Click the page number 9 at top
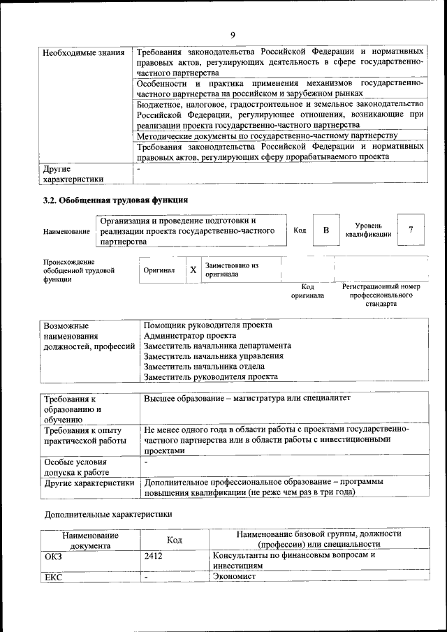[x=232, y=35]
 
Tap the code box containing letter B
[x=325, y=230]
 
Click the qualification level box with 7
[x=411, y=230]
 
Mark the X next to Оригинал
[x=193, y=270]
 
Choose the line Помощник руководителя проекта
[x=207, y=325]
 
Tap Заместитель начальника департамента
[x=217, y=346]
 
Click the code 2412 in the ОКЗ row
[x=153, y=556]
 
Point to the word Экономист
[x=235, y=577]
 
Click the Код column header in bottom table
[x=174, y=539]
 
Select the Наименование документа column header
[x=90, y=539]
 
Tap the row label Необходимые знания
[x=83, y=52]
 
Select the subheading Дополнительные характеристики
[x=108, y=514]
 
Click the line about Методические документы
[x=267, y=135]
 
